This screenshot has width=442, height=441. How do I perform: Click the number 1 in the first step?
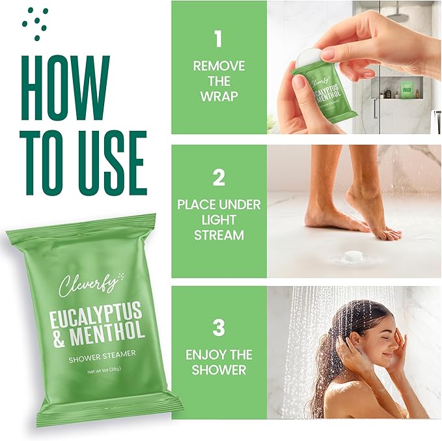coord(218,38)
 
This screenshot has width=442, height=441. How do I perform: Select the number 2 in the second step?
coord(219,178)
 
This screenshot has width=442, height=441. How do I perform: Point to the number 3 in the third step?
coord(219,327)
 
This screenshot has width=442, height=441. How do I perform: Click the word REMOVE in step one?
coord(219,66)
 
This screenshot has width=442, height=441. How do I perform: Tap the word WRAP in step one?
coord(219,96)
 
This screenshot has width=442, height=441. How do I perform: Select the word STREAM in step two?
coord(219,235)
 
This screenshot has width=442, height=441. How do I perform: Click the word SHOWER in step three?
coord(219,370)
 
